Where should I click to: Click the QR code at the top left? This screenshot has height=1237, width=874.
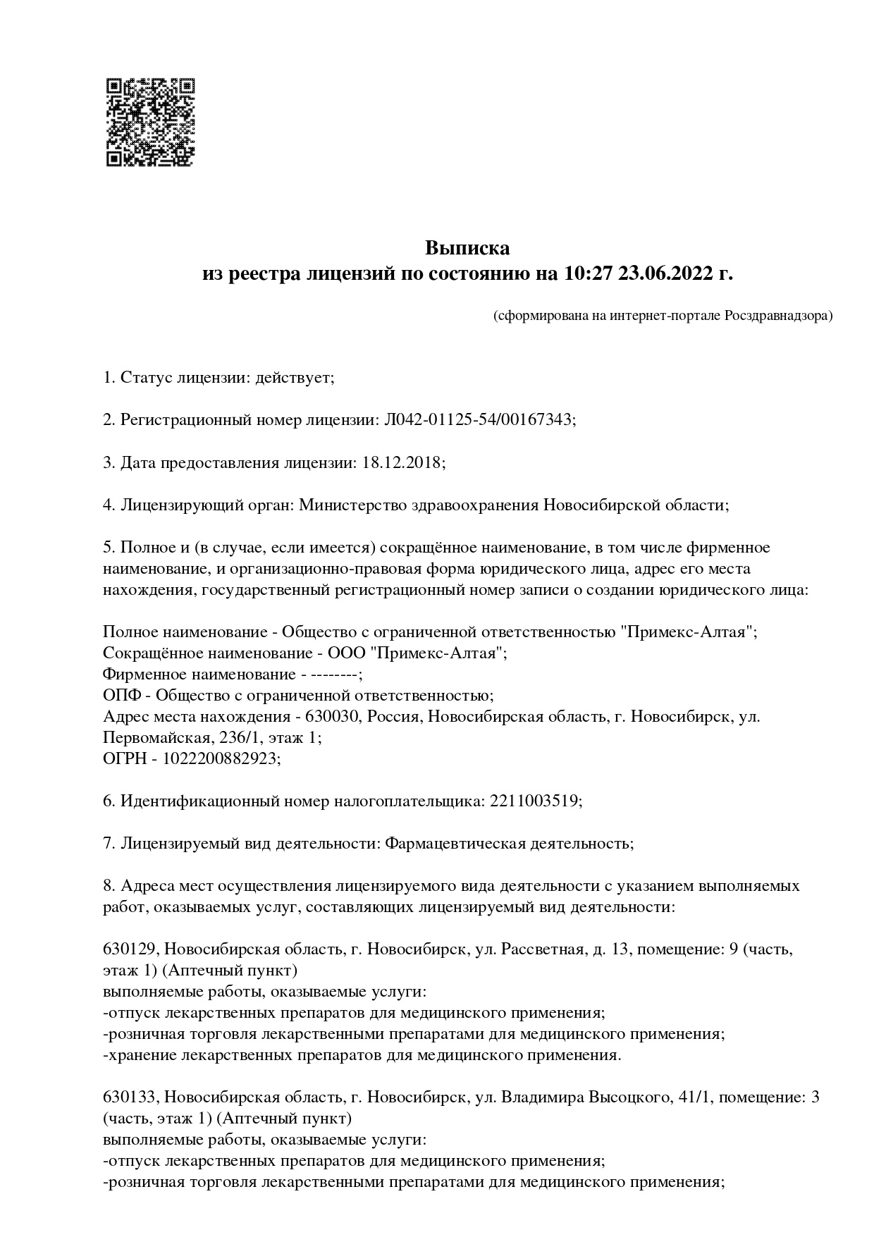tap(150, 122)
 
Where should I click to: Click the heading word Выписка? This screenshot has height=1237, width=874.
tap(467, 248)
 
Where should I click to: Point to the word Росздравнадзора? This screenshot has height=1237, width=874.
tap(776, 316)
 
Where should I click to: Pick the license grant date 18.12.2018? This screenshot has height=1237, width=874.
tap(402, 463)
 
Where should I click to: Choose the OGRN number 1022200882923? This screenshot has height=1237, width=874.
tap(220, 759)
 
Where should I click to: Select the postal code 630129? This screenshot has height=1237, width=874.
tap(130, 949)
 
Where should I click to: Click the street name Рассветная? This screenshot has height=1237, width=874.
tap(542, 949)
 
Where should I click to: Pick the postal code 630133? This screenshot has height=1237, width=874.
tap(130, 1097)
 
